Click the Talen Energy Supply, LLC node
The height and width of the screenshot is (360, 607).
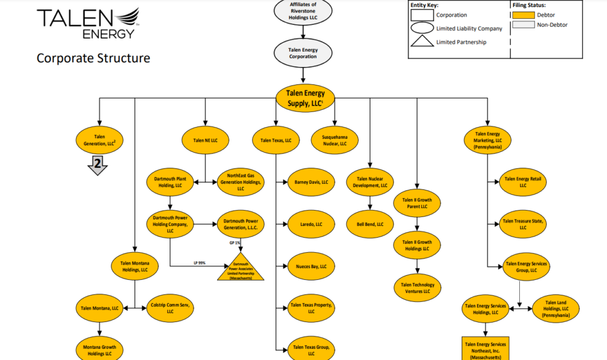(305, 98)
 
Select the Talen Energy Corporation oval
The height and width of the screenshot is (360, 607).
(303, 53)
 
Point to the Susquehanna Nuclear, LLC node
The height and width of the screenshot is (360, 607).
(335, 140)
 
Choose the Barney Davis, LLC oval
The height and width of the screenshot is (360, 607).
(311, 183)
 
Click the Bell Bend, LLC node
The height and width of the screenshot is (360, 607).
(371, 225)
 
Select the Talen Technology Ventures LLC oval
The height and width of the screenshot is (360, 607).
(418, 288)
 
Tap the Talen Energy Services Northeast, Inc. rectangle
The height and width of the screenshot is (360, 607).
(485, 350)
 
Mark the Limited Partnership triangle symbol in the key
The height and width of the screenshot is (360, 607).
(421, 43)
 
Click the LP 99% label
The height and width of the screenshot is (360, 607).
(199, 263)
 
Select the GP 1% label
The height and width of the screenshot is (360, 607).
(235, 243)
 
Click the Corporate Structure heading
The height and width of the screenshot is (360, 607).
(93, 58)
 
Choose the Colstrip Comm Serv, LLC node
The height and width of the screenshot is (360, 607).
(170, 308)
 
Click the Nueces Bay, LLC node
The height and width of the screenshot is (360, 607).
(311, 267)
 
